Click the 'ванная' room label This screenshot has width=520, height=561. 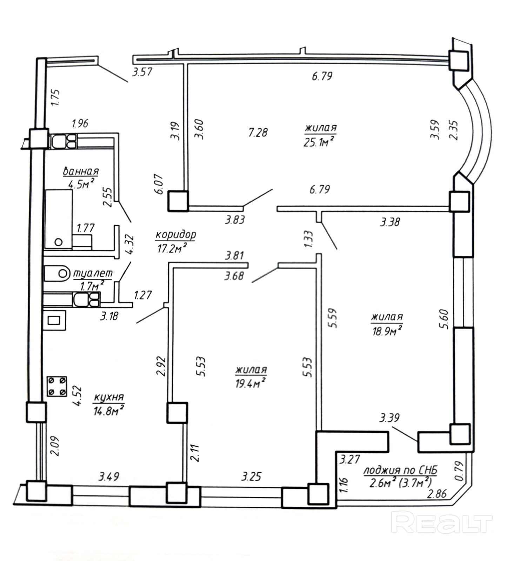(81, 171)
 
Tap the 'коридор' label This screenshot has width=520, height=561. (175, 235)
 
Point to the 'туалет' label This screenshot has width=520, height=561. (93, 273)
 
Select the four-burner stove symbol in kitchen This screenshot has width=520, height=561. (57, 386)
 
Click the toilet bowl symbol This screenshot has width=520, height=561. (58, 273)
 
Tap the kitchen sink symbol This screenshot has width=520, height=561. (54, 320)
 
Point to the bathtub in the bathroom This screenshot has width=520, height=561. (58, 219)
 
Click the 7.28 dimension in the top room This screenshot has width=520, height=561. (258, 132)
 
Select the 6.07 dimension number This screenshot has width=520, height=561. (159, 184)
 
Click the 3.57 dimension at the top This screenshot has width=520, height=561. (142, 72)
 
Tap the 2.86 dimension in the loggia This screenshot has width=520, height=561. (437, 494)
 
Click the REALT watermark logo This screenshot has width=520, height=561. (442, 522)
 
